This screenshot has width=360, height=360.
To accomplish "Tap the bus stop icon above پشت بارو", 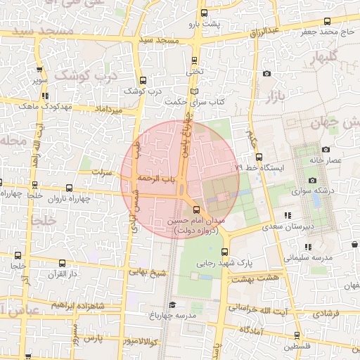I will click(204, 13).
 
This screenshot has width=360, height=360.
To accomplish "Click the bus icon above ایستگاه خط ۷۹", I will click(259, 157).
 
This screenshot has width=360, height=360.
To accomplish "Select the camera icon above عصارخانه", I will click(325, 149).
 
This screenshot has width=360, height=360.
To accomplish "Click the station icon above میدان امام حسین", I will click(195, 210).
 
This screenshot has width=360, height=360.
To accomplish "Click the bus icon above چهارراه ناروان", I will click(68, 188).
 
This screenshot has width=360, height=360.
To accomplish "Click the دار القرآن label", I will click(63, 274).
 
